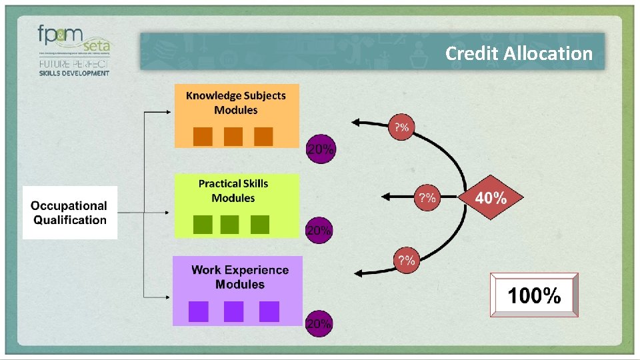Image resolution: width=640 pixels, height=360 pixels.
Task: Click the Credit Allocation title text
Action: pyautogui.click(x=519, y=53)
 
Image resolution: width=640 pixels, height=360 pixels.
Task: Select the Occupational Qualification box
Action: pyautogui.click(x=69, y=213)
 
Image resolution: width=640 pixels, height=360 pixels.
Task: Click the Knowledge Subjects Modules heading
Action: pyautogui.click(x=236, y=103)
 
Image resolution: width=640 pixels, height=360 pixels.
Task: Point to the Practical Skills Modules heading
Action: pyautogui.click(x=233, y=191)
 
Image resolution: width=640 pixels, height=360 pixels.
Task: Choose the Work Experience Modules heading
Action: pyautogui.click(x=240, y=277)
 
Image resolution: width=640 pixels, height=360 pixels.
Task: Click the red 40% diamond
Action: pyautogui.click(x=491, y=197)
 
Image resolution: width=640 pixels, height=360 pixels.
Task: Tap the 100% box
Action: pyautogui.click(x=534, y=295)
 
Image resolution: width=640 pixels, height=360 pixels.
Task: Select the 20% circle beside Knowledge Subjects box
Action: pyautogui.click(x=320, y=149)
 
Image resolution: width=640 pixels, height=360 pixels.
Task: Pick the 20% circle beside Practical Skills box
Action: pyautogui.click(x=319, y=230)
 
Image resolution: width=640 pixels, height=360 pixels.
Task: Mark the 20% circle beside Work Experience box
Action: pyautogui.click(x=319, y=323)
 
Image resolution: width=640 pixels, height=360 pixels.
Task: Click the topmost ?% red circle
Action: pyautogui.click(x=402, y=127)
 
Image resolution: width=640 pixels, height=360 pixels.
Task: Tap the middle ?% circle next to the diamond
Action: pyautogui.click(x=427, y=197)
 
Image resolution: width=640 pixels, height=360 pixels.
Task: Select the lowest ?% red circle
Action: pyautogui.click(x=406, y=260)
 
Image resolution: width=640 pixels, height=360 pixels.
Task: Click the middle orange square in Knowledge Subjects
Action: pyautogui.click(x=233, y=136)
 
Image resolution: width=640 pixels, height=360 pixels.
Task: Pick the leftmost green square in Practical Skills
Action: pyautogui.click(x=203, y=225)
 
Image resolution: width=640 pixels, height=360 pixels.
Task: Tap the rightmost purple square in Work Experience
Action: pyautogui.click(x=269, y=311)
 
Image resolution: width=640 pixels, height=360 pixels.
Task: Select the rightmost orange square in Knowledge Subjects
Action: pyautogui.click(x=264, y=136)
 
